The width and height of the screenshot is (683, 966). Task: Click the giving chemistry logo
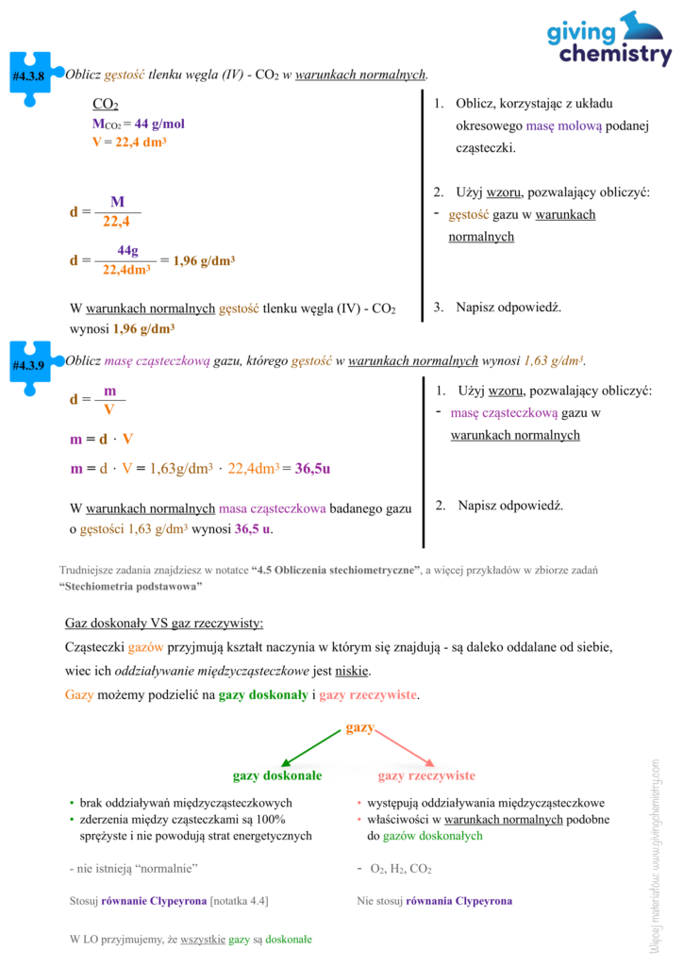pyautogui.click(x=609, y=40)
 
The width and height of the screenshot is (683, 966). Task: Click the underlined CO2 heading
pyautogui.click(x=105, y=104)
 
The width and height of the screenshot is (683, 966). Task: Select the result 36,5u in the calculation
pyautogui.click(x=311, y=467)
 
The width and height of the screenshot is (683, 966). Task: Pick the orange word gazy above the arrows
pyautogui.click(x=360, y=727)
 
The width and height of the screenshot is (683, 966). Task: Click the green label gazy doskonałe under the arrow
pyautogui.click(x=277, y=775)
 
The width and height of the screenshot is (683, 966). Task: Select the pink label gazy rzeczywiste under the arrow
pyautogui.click(x=426, y=775)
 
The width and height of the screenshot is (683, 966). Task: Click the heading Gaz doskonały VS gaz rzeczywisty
pyautogui.click(x=164, y=624)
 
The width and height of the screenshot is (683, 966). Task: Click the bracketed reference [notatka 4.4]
pyautogui.click(x=239, y=901)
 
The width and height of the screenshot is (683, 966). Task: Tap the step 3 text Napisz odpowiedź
pyautogui.click(x=508, y=307)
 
